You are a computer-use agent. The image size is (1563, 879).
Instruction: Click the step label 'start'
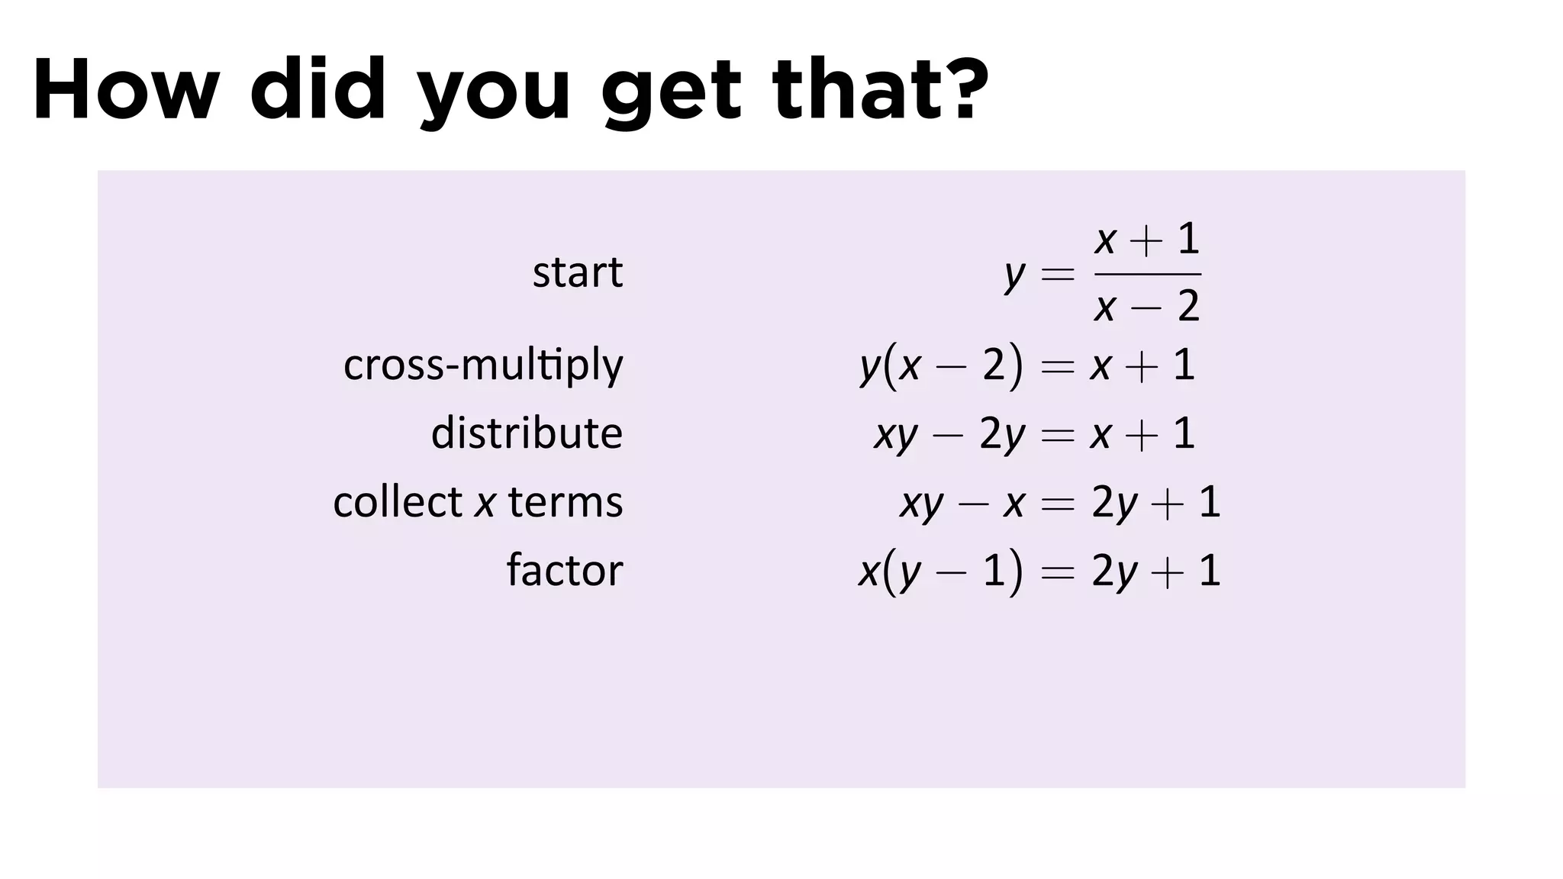coord(578,272)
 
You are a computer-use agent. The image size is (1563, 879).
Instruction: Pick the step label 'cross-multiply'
coord(483,365)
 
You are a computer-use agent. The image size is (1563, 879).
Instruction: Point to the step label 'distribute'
coord(527,433)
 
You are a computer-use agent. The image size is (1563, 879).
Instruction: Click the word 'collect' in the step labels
coord(398,502)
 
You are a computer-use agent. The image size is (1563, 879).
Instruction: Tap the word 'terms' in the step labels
coord(566,502)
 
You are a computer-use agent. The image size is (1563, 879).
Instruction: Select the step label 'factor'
coord(565,570)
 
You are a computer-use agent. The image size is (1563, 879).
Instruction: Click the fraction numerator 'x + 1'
coord(1147,240)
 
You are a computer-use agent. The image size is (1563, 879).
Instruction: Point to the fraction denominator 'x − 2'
coord(1147,307)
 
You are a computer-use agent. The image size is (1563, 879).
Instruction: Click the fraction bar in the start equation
coord(1147,274)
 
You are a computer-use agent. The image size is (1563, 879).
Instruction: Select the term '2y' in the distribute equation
coord(1002,434)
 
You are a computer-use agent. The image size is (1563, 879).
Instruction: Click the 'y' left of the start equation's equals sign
coord(1014,275)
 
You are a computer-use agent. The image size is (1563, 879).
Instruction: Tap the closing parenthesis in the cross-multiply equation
coord(1015,365)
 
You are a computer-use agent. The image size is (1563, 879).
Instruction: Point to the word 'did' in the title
coord(318,90)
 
